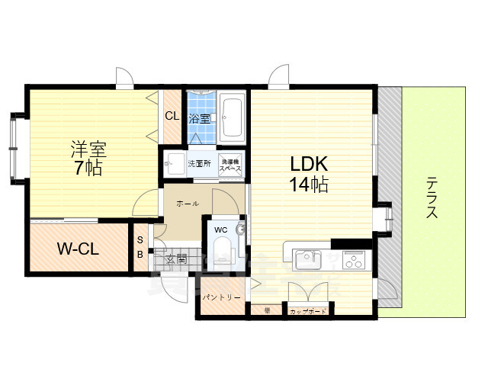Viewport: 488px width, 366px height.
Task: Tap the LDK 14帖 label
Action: pos(308,173)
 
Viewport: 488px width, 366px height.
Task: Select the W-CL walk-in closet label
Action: pos(76,249)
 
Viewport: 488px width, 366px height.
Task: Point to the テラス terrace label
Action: pos(432,197)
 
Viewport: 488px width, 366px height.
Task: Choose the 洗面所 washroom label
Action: pos(200,163)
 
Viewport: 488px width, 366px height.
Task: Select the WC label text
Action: pos(220,230)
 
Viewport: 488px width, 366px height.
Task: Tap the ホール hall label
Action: pos(188,204)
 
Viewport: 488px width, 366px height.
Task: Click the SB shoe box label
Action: pos(140,248)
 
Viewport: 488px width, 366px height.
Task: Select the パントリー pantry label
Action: pos(221,298)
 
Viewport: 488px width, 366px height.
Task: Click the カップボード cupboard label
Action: pos(308,311)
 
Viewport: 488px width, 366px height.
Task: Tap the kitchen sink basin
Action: pos(308,258)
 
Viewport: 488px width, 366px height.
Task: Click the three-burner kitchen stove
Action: pos(355,260)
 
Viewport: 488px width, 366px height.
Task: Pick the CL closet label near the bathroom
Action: pos(172,116)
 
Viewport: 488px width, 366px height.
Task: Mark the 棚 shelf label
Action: pos(268,310)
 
